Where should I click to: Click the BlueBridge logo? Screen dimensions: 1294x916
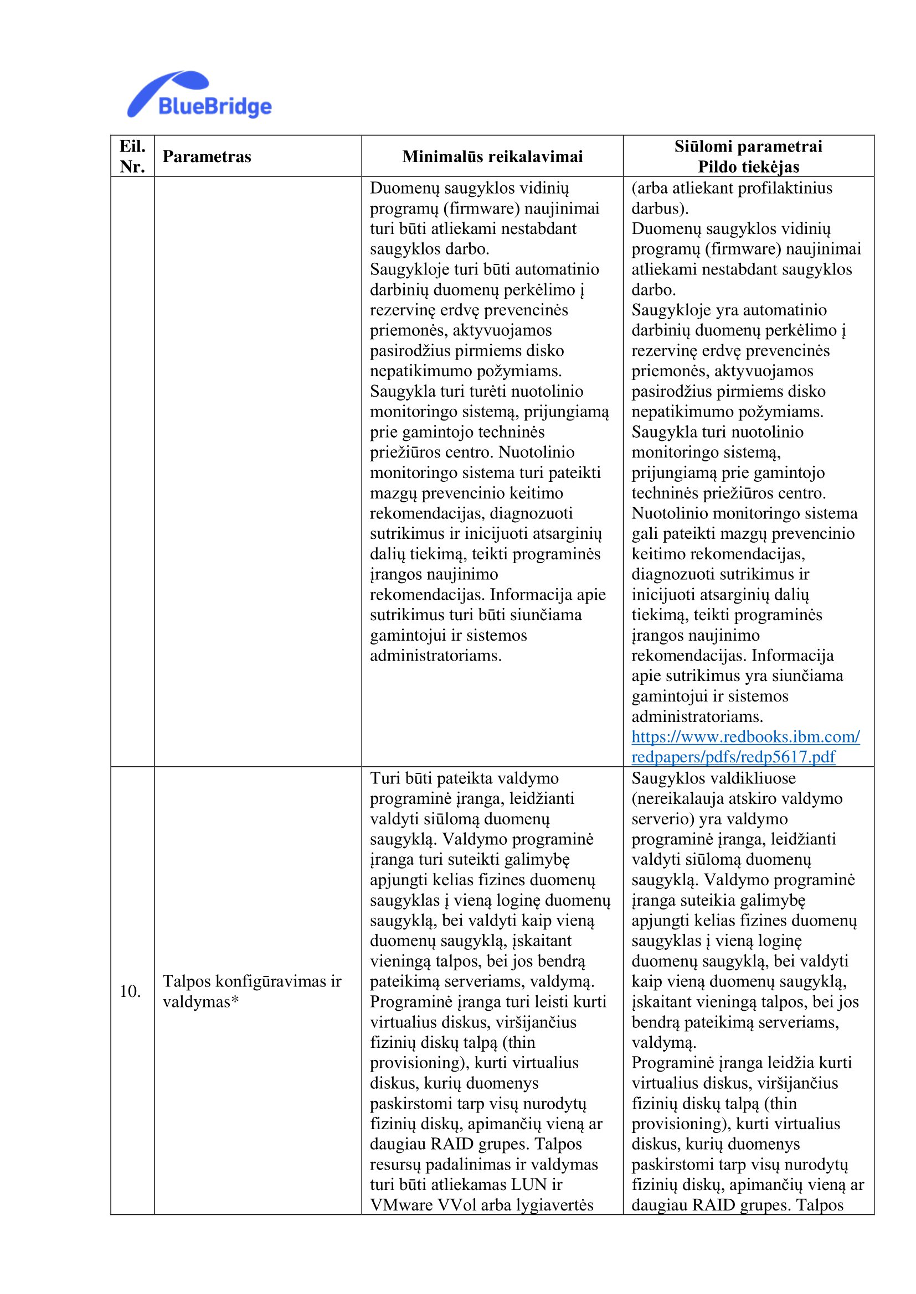pyautogui.click(x=199, y=95)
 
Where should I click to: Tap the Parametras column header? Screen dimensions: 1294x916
pyautogui.click(x=207, y=157)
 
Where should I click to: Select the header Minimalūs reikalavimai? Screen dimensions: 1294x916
pyautogui.click(x=492, y=157)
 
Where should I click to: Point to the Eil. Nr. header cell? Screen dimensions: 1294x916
pyautogui.click(x=132, y=156)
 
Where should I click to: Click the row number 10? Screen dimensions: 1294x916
pyautogui.click(x=130, y=991)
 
